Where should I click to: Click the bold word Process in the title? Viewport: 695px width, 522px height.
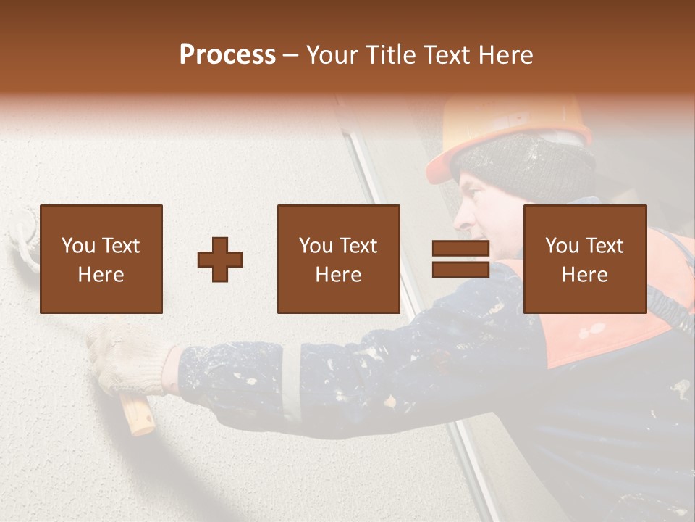tap(227, 55)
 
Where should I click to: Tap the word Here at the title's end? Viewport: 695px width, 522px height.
tap(506, 55)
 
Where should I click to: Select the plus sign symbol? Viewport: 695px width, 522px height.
tap(220, 260)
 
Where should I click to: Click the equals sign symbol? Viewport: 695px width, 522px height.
tap(460, 260)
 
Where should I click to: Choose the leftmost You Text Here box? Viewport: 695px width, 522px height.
tap(101, 260)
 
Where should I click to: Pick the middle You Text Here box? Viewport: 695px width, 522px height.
tap(339, 260)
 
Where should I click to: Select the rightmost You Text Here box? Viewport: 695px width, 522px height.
tap(585, 260)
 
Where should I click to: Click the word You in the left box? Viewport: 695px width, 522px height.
tap(77, 246)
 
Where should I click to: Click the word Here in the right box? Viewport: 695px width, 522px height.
tap(585, 275)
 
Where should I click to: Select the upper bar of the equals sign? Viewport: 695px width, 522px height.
tap(460, 249)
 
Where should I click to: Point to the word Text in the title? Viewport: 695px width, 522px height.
tap(447, 55)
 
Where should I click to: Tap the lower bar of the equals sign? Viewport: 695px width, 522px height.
tap(460, 270)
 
